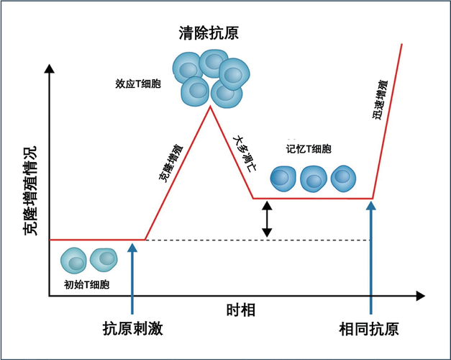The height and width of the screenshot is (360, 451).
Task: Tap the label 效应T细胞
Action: point(139,84)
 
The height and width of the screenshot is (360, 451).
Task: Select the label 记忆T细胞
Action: point(309,149)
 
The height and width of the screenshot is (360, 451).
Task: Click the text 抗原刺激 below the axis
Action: point(132,330)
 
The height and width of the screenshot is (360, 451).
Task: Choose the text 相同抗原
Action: point(370,330)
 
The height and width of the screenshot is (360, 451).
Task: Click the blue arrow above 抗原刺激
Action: point(132,277)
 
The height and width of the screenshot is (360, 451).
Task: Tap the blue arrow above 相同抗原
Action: point(371,256)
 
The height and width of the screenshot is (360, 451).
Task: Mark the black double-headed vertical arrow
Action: point(267,219)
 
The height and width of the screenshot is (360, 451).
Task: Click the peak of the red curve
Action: point(209,107)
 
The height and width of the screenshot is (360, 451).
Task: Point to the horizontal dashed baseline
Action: point(259,240)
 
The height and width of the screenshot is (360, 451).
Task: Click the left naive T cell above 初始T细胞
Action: point(74,259)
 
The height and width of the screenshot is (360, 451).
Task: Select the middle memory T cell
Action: point(314,177)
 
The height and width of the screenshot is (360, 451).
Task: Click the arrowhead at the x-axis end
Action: point(419,295)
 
